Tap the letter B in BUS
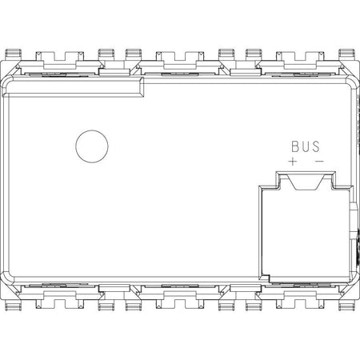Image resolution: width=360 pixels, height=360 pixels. tap(296, 146)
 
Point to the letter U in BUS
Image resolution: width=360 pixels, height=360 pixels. tap(306, 146)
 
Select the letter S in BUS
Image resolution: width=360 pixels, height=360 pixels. tap(315, 146)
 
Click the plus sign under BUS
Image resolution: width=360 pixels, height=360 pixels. tap(293, 161)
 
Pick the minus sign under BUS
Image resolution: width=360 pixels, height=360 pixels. tap(319, 161)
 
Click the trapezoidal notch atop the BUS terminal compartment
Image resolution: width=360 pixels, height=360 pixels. tap(306, 182)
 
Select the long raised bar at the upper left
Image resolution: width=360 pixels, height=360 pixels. tap(73, 87)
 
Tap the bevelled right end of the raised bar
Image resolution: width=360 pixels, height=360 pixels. tap(142, 87)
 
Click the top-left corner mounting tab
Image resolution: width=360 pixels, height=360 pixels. tap(14, 54)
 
